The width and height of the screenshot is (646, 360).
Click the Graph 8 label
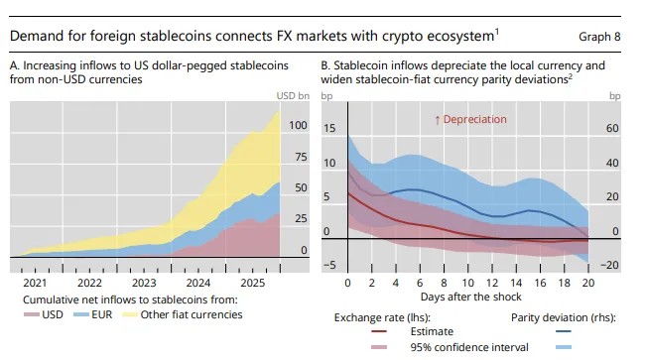[x=599, y=37]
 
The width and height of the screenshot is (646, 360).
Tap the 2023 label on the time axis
[x=144, y=283]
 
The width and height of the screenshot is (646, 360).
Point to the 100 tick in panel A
[x=298, y=125]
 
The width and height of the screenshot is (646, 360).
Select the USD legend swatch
[x=32, y=314]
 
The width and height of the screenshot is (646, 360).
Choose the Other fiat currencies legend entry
[x=183, y=314]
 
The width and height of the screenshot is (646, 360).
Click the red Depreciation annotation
[x=470, y=119]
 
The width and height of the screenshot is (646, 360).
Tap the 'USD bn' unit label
[x=293, y=96]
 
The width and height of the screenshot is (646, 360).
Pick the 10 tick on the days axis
[x=467, y=283]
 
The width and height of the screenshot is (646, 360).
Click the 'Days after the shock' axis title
[x=471, y=297]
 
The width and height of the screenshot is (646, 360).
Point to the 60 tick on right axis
[x=612, y=128]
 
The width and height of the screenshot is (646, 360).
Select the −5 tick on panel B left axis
[x=329, y=265]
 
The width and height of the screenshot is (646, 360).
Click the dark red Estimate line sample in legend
[x=379, y=331]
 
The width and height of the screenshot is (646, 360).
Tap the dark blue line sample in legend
[x=564, y=331]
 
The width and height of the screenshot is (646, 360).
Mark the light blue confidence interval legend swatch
[x=564, y=347]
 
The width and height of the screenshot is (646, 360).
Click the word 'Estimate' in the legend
[x=432, y=331]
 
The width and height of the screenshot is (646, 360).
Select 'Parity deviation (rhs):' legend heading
[x=564, y=317]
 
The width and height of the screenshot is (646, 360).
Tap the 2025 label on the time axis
[x=253, y=283]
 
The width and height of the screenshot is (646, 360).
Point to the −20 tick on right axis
[x=609, y=265]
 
